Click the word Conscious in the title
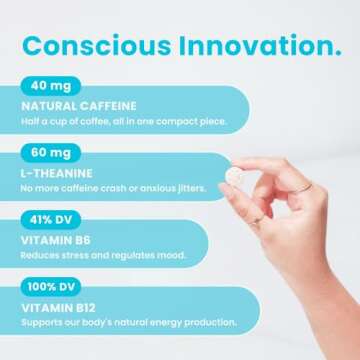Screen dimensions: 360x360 (x=94, y=46)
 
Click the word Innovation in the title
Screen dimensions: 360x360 (x=254, y=46)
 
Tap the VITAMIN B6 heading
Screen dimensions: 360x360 (x=55, y=238)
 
